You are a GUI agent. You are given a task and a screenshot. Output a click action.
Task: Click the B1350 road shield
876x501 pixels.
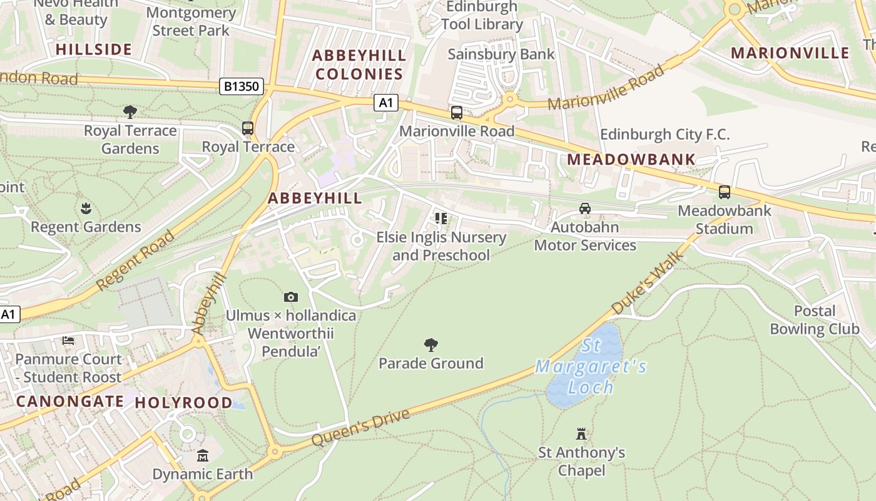click(x=241, y=86)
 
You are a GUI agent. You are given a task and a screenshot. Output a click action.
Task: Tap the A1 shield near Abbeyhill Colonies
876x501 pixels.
click(x=386, y=103)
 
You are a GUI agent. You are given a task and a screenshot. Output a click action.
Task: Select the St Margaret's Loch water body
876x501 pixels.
click(x=582, y=369)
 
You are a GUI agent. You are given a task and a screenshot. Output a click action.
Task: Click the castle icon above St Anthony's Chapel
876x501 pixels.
click(x=581, y=433)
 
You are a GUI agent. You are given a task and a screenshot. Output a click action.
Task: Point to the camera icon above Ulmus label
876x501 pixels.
click(x=290, y=297)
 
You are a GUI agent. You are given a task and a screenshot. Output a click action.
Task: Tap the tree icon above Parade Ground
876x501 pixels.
click(x=430, y=344)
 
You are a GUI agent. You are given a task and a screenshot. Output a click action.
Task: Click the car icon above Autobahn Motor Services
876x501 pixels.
click(x=584, y=209)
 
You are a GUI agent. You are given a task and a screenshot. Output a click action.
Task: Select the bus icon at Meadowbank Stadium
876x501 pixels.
click(x=724, y=192)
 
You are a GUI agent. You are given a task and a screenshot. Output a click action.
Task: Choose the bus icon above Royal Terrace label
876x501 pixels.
click(x=248, y=128)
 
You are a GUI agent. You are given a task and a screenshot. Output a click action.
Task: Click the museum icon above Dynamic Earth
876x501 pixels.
click(x=202, y=455)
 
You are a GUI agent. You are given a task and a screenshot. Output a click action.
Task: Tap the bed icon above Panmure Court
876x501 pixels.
click(x=68, y=341)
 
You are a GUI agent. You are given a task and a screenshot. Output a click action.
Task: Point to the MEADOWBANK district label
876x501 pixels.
click(x=631, y=160)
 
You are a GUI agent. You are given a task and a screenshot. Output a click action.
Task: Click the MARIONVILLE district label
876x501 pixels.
click(x=790, y=53)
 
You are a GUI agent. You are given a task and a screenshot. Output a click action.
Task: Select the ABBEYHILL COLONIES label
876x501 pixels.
click(x=359, y=65)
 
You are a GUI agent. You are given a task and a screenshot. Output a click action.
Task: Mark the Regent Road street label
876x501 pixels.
click(x=135, y=261)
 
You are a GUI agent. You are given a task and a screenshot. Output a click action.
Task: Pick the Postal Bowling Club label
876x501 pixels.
click(x=814, y=320)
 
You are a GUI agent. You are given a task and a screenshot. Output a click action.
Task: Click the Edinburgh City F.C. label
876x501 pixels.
click(x=665, y=134)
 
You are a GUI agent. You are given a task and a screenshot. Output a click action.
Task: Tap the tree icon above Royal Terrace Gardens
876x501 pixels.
click(x=130, y=112)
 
